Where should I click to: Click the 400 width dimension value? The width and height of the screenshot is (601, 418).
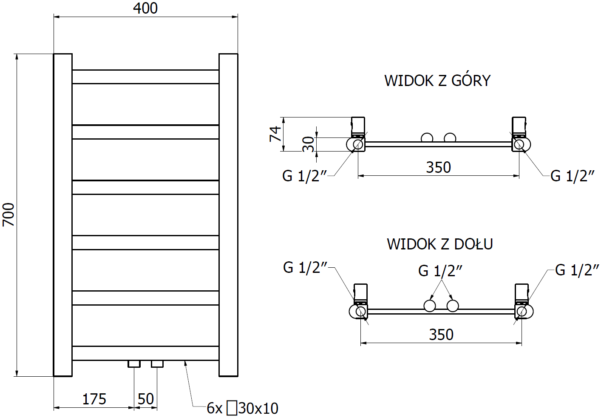(x=145, y=9)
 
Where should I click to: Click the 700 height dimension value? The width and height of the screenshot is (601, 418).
(x=9, y=215)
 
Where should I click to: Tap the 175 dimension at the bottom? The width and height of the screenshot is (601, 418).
(x=94, y=399)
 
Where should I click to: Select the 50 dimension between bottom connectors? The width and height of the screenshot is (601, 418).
(x=145, y=399)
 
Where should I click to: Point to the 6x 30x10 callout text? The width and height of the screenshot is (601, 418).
(x=242, y=408)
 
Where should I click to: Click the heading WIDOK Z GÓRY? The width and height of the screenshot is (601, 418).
(x=437, y=80)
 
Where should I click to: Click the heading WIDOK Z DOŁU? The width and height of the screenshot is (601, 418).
(x=440, y=244)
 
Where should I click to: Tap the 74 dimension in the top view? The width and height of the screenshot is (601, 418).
(x=275, y=134)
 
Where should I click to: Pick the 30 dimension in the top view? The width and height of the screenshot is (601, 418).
(x=309, y=144)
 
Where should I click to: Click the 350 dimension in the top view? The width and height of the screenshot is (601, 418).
(x=438, y=167)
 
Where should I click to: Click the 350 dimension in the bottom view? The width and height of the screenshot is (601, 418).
(x=441, y=335)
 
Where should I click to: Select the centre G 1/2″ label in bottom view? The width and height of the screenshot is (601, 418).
(x=440, y=271)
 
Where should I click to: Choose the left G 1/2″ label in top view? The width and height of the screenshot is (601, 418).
(x=305, y=176)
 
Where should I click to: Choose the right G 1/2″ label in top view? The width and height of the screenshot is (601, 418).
(x=572, y=176)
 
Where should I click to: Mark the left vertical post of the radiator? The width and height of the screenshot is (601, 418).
(x=63, y=215)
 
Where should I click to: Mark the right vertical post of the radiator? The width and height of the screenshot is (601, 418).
(x=228, y=215)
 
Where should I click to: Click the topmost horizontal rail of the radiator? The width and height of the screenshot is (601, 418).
(x=145, y=77)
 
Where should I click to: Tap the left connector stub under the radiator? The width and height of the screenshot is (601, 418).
(x=134, y=364)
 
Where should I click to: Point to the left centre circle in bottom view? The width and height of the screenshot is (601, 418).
(x=430, y=306)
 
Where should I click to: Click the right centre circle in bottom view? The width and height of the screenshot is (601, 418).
(x=453, y=306)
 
